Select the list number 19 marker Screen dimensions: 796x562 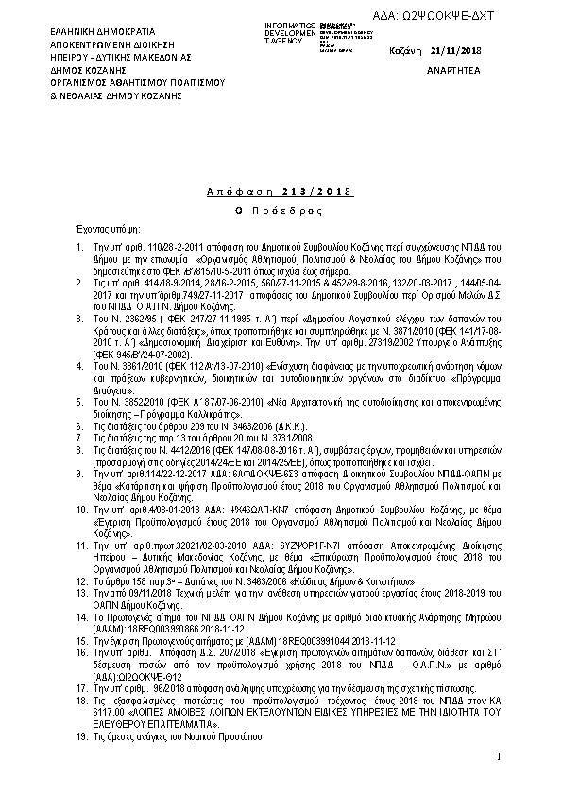point(83,735)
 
